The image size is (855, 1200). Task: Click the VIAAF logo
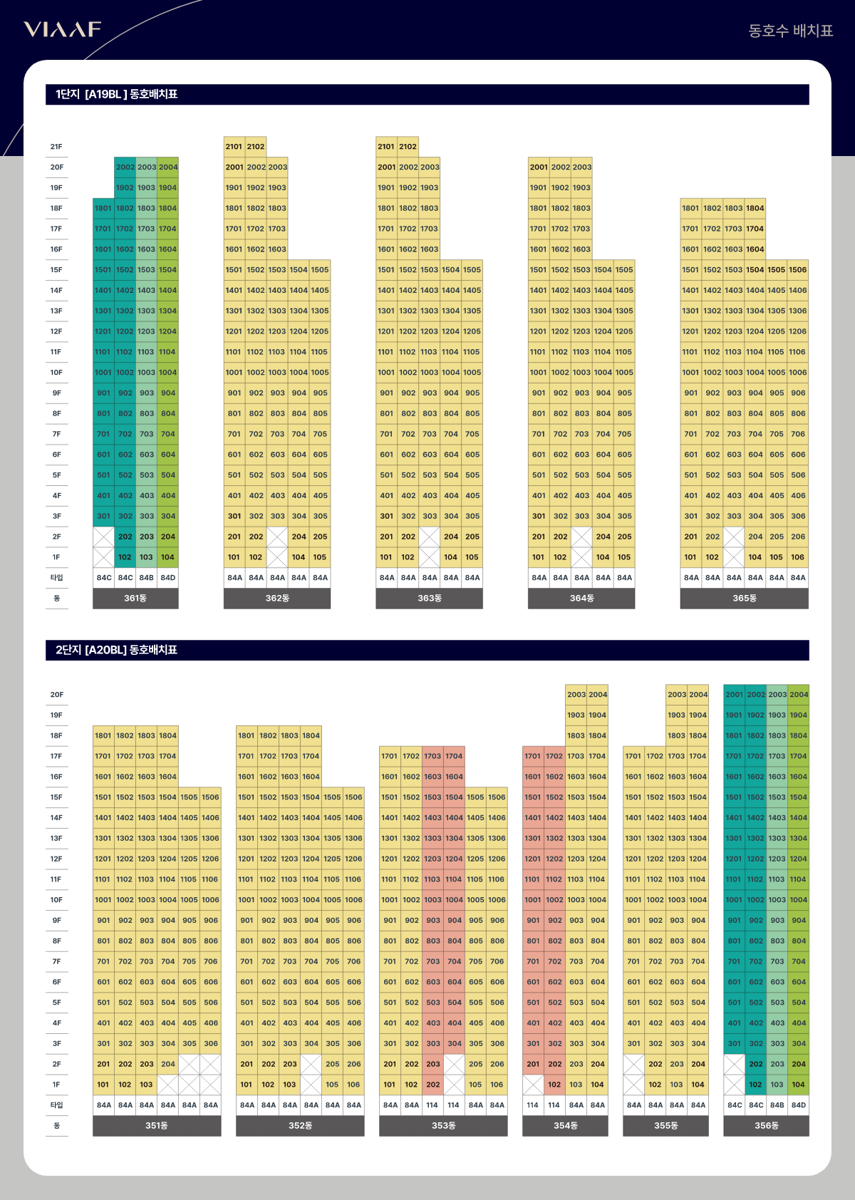[x=63, y=29]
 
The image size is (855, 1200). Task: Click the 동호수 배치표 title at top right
[x=790, y=31]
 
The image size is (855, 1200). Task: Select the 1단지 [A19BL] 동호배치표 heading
[x=117, y=94]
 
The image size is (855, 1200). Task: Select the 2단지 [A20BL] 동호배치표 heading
[x=117, y=650]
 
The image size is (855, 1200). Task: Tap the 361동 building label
[x=135, y=598]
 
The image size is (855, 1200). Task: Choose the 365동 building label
[x=744, y=598]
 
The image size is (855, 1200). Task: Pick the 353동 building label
[x=443, y=1125]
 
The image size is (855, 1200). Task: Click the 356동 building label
[x=766, y=1125]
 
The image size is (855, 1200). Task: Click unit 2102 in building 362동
[x=256, y=147]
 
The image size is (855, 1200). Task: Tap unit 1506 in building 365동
[x=797, y=270]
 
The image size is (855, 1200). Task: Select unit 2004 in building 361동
[x=168, y=167]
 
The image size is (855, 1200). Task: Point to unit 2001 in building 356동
[x=734, y=695]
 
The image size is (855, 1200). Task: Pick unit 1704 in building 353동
[x=454, y=756]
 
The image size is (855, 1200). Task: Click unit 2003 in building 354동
[x=576, y=695]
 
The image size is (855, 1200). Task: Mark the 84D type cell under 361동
[x=168, y=578]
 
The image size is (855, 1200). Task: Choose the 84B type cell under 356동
[x=777, y=1105]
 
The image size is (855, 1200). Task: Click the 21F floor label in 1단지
[x=56, y=147]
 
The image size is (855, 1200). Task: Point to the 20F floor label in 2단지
[x=56, y=695]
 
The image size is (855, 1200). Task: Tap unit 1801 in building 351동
[x=103, y=735]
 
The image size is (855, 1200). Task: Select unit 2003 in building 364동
[x=581, y=167]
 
